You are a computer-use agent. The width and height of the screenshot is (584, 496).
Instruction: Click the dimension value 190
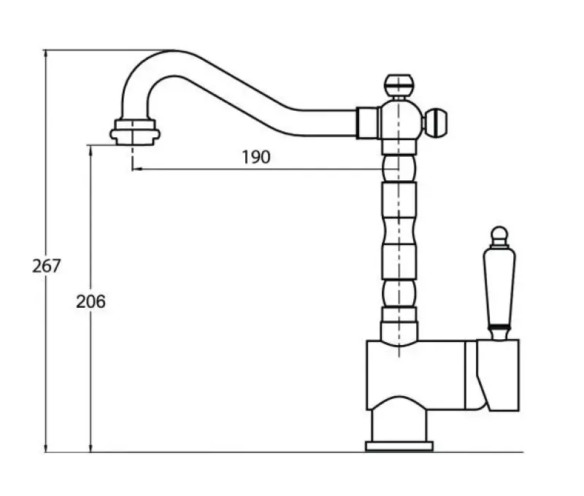[255, 157]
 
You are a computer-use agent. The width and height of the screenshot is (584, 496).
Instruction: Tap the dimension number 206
[91, 301]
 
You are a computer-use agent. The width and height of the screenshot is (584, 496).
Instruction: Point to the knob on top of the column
[399, 84]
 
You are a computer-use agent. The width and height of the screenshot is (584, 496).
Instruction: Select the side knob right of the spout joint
[437, 122]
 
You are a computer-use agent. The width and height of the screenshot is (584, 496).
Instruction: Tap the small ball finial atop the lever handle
[499, 236]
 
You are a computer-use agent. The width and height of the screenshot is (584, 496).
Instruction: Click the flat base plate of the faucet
[399, 446]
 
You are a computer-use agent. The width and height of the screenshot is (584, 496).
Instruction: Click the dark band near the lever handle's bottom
[499, 324]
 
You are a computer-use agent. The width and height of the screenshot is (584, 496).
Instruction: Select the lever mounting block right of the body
[498, 373]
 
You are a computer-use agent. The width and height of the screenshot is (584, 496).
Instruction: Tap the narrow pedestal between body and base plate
[399, 425]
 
